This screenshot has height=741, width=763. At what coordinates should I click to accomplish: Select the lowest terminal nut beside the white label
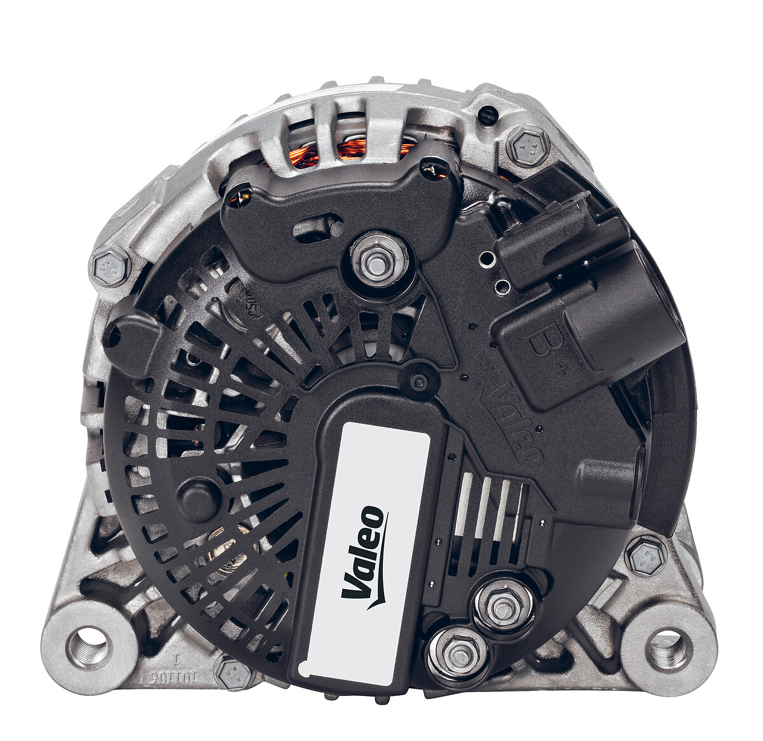[x=457, y=653]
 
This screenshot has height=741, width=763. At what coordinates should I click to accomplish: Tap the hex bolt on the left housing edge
[x=110, y=267]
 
